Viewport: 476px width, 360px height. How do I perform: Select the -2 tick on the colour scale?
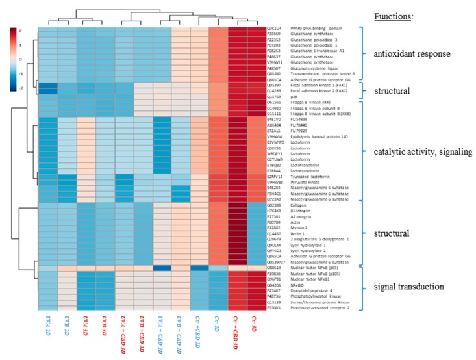click(x=29, y=87)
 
